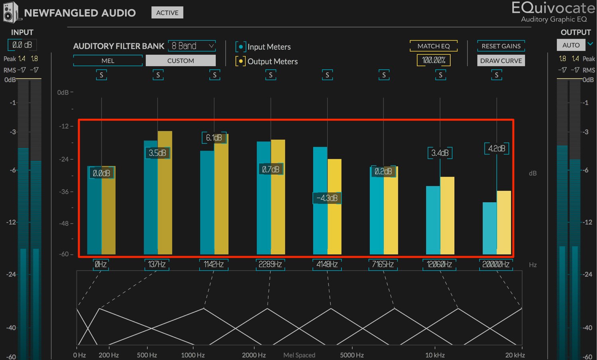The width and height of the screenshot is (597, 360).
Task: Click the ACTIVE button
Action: [x=167, y=12]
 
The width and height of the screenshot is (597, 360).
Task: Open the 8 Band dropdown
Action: [x=192, y=46]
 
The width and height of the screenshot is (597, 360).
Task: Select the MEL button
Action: [x=108, y=61]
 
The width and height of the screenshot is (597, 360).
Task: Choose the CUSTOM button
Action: [x=181, y=61]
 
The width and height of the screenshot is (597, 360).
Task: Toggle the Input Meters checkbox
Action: [x=241, y=47]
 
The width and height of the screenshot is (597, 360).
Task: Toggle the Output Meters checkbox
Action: [x=240, y=61]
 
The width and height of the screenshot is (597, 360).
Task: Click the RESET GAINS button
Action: [x=501, y=46]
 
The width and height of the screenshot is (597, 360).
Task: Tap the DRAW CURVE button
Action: [x=501, y=61]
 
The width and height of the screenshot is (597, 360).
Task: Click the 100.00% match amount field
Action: [x=434, y=60]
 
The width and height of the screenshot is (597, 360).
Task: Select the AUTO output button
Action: [x=571, y=45]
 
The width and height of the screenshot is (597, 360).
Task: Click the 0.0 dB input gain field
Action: [x=22, y=45]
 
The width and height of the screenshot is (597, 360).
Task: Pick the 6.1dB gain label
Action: [x=214, y=138]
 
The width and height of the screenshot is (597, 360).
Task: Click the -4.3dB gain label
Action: [x=327, y=198]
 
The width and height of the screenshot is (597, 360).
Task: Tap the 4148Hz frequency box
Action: [x=327, y=264]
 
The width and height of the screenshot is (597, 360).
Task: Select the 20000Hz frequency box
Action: [x=496, y=264]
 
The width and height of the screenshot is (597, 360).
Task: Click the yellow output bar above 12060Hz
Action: [x=447, y=215]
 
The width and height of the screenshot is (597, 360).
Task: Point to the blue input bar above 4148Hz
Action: [x=320, y=200]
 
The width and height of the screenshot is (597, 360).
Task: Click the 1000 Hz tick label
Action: [x=193, y=355]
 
